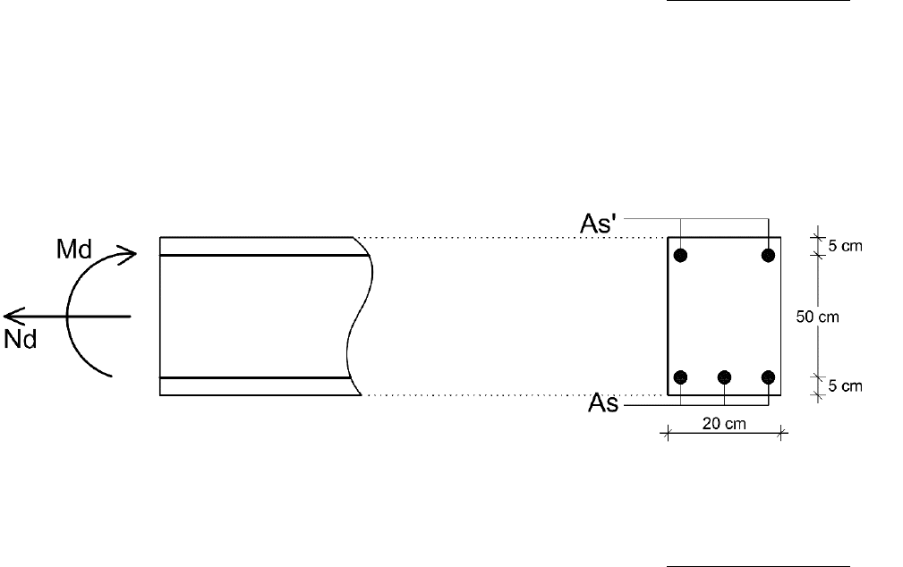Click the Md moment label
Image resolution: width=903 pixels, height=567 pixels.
coord(74,250)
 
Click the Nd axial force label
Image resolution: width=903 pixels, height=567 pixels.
coord(21,339)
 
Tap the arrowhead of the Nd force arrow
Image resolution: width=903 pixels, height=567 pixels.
coord(13,316)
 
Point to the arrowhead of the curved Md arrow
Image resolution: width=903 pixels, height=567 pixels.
coord(128,254)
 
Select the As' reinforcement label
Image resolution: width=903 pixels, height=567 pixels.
coord(599,224)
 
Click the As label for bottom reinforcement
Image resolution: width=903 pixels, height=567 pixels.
coord(603,403)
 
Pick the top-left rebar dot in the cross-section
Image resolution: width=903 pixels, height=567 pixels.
coord(680,255)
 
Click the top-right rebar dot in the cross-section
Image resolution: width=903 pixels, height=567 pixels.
coord(768,255)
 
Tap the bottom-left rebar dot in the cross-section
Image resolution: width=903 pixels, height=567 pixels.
coord(680,377)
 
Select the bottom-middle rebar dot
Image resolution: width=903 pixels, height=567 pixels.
coord(725,377)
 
